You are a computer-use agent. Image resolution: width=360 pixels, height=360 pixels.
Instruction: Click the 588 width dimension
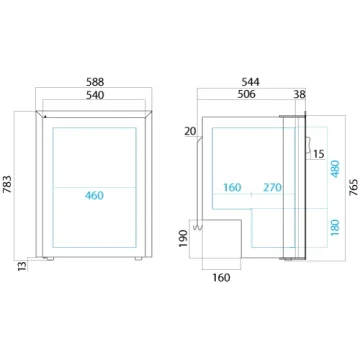95,82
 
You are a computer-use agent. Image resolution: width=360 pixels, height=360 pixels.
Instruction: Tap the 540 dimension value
95,95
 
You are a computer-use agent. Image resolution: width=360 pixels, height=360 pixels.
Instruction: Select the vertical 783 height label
7,184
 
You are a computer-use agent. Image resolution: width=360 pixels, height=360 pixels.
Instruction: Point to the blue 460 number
94,195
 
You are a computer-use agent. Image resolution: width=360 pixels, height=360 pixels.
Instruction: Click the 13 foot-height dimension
22,266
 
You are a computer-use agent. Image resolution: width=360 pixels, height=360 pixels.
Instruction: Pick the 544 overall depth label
250,82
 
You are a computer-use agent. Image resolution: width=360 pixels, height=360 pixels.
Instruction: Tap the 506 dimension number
246,94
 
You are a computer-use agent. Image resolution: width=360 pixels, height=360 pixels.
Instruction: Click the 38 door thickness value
299,95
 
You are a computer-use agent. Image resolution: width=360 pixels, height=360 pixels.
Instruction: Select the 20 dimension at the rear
190,131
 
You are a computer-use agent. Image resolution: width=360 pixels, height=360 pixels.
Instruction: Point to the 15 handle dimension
319,154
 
